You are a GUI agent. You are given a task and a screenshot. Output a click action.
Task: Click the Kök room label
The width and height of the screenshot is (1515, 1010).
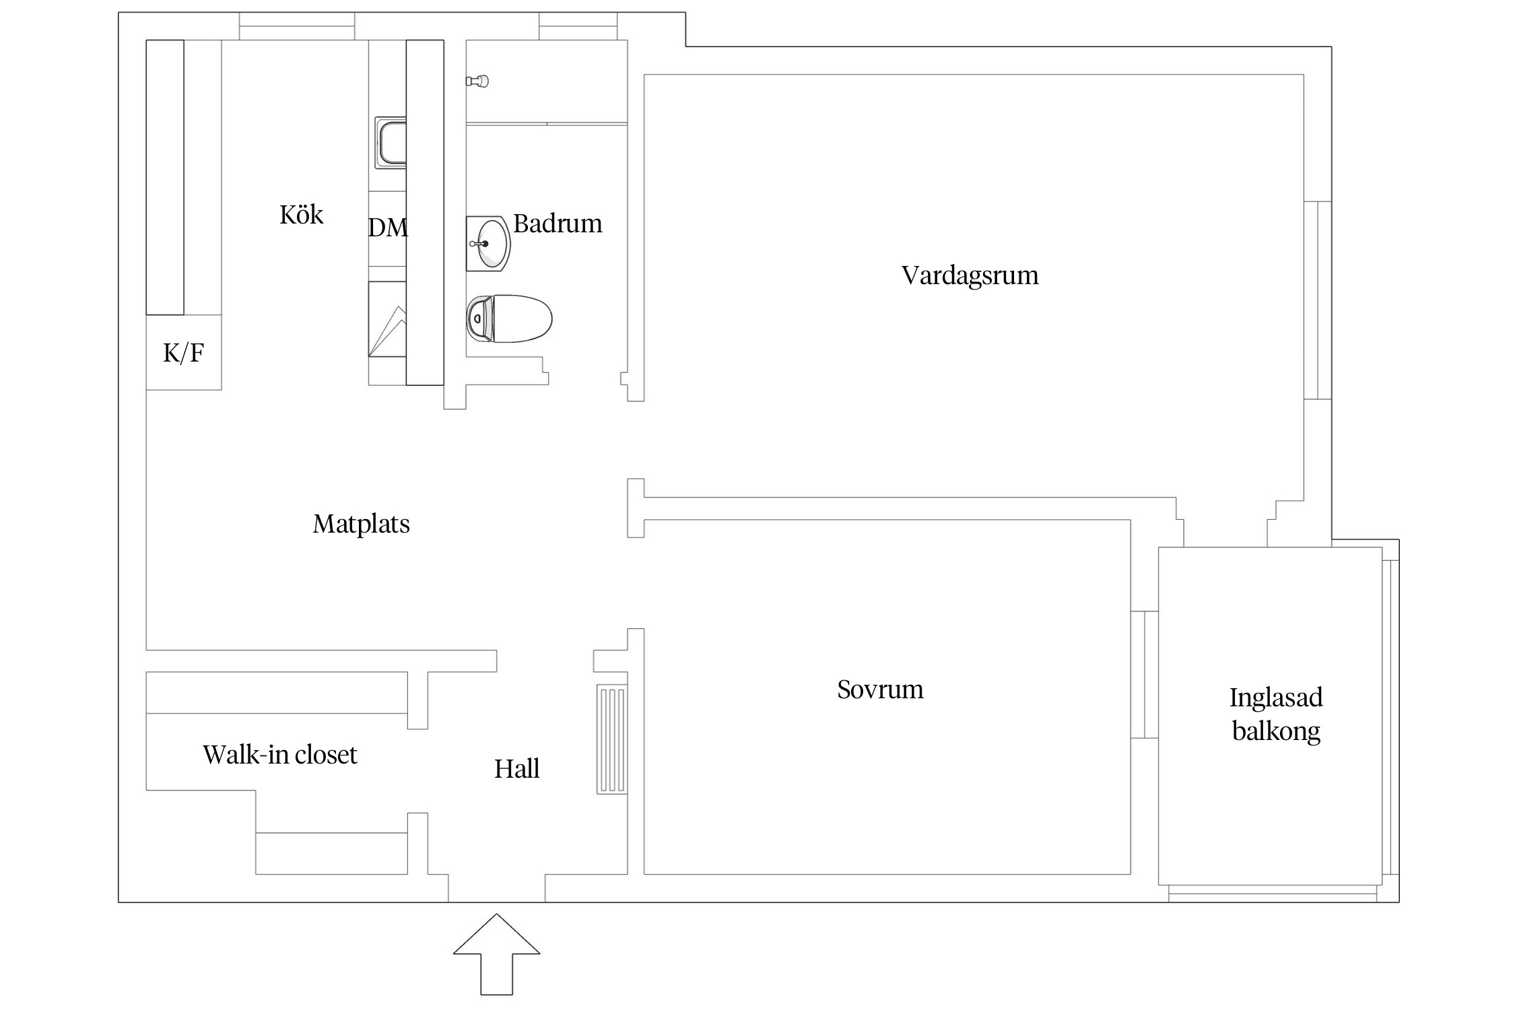[301, 215]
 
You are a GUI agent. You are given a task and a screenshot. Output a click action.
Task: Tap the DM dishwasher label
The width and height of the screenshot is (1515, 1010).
[388, 228]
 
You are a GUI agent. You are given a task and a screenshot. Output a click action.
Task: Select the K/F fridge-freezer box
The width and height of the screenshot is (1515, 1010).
[184, 352]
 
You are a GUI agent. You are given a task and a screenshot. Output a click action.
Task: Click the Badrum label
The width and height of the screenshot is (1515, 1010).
[558, 224]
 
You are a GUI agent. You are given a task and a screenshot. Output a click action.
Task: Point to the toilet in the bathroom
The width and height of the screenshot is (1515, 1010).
[510, 318]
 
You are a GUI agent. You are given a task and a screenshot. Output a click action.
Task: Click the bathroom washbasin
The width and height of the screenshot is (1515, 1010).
[488, 243]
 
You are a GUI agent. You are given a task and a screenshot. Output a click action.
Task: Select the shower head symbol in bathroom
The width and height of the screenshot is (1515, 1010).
[477, 81]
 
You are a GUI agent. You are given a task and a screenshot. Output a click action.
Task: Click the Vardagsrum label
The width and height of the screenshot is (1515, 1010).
[970, 275]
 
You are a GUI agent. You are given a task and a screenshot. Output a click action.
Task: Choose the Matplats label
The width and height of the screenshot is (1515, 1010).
[361, 524]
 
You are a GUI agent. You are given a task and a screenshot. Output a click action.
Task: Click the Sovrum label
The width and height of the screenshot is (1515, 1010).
[880, 689]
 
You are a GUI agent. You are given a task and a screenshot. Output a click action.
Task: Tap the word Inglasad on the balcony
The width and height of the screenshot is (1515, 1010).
[1276, 698]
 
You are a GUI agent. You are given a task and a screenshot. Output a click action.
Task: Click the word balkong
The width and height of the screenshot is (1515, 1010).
[1276, 731]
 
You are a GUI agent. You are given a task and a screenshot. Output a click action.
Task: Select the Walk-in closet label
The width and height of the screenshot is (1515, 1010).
[279, 755]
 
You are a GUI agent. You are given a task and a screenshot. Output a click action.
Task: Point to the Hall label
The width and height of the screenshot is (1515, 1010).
[516, 769]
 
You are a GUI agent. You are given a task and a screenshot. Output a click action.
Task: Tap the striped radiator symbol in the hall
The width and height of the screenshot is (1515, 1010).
[612, 739]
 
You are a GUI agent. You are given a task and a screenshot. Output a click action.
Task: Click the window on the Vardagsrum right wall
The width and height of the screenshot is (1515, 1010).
[1318, 300]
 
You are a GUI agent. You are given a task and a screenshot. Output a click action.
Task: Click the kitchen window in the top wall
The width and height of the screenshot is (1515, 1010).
[297, 26]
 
